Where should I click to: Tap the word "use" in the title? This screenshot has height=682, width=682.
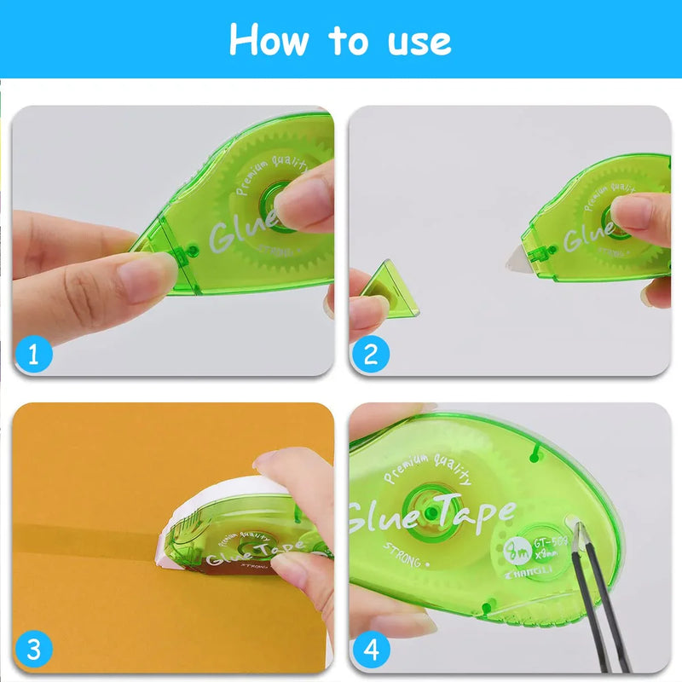(x=414, y=40)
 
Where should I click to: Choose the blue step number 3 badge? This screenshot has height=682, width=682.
(x=33, y=650)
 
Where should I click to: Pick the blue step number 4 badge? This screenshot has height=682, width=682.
(x=370, y=650)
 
